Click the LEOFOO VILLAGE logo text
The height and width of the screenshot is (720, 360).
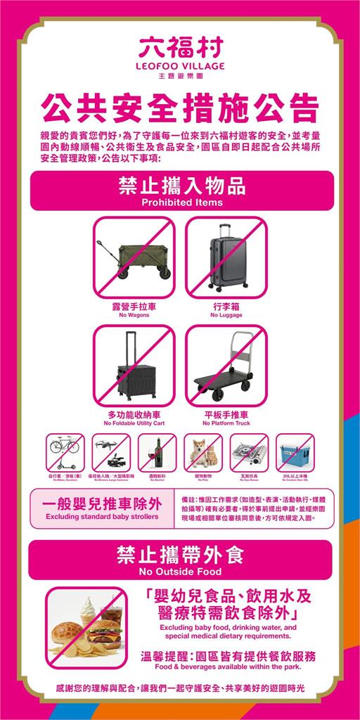click(x=180, y=65)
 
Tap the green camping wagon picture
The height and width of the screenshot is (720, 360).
click(x=134, y=258)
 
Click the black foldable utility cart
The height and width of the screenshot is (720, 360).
click(x=134, y=366)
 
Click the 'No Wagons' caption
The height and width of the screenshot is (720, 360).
click(x=134, y=315)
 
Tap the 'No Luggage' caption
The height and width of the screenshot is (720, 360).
click(x=226, y=315)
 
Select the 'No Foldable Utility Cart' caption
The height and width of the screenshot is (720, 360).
click(x=134, y=424)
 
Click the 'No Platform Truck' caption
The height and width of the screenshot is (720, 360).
click(x=226, y=424)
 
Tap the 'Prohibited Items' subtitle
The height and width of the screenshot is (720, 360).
click(x=180, y=202)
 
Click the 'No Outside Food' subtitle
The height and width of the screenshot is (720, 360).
click(x=180, y=570)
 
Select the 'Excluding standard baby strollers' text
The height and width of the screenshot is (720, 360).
click(x=102, y=517)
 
